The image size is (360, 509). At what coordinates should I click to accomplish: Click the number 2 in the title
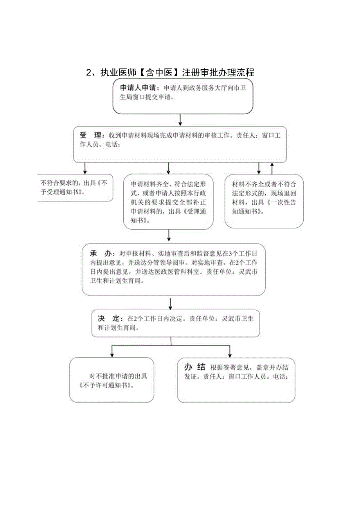pos(89,72)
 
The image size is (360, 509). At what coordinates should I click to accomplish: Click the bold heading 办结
pos(195,367)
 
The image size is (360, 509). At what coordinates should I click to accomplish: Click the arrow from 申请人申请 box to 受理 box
pos(180,119)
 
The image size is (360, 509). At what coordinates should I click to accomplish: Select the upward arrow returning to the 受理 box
pos(272,168)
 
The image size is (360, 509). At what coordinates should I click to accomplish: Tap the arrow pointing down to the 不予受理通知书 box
pos(85,168)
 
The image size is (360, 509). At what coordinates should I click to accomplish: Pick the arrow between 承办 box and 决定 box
pos(170,304)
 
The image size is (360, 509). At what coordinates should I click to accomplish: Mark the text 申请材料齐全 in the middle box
pos(148,184)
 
